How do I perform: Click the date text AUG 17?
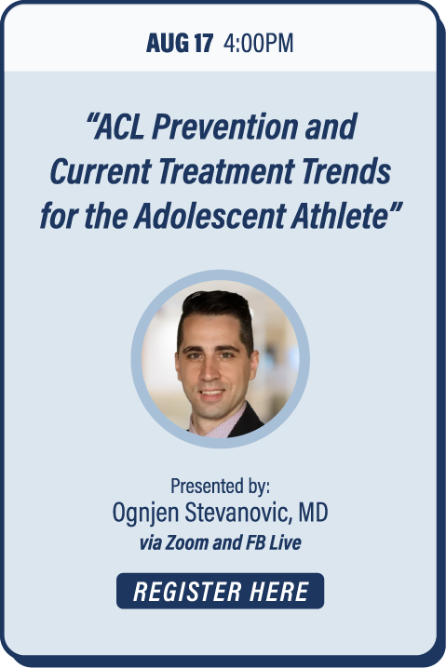click(180, 43)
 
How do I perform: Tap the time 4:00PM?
click(259, 43)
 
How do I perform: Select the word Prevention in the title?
click(224, 127)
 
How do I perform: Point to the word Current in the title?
click(101, 171)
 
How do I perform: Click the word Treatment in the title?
click(226, 171)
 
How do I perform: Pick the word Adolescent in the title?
click(209, 216)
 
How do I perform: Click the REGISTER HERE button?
click(220, 591)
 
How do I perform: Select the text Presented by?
click(220, 486)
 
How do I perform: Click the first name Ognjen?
click(145, 513)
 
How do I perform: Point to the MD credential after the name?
click(314, 512)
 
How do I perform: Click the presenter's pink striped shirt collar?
click(218, 424)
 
